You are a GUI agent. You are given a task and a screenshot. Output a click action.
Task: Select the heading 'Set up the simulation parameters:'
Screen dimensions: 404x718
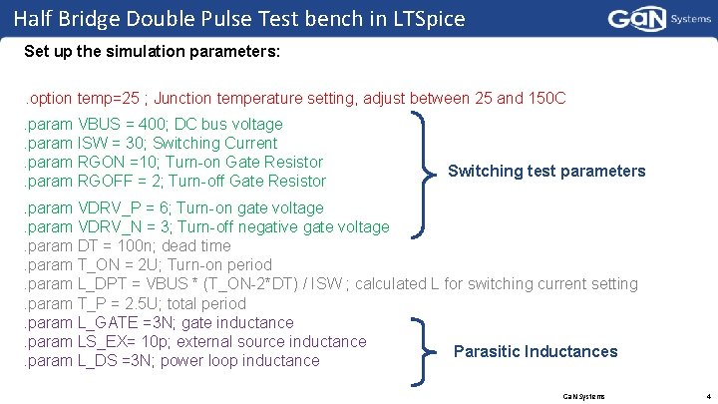coord(153,50)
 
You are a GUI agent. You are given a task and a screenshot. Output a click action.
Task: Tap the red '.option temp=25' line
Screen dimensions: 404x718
coord(294,98)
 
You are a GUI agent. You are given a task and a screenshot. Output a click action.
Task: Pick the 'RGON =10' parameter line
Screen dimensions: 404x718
coord(174,162)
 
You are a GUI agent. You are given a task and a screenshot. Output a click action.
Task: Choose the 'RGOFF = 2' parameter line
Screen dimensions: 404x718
coord(176,181)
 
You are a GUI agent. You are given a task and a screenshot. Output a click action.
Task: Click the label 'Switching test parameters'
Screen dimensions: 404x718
coord(546,171)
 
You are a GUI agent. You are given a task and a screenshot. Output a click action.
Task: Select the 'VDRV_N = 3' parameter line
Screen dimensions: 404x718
coord(206,226)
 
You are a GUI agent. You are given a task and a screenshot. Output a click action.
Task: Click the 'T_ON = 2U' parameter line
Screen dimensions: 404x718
coord(148,264)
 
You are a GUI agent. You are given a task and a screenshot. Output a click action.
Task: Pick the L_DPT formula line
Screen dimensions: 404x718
coord(330,284)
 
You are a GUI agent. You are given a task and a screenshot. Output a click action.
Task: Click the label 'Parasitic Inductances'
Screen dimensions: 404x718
coord(536,351)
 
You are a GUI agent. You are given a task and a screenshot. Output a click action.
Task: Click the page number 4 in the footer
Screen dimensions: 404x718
coord(706,395)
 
